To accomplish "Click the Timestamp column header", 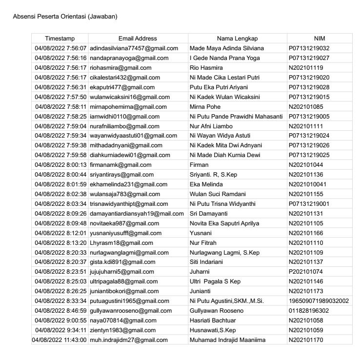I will coord(60,39).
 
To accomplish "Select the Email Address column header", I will coord(138,39).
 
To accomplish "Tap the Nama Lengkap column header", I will coord(237,39).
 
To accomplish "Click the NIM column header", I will coord(320,39).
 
